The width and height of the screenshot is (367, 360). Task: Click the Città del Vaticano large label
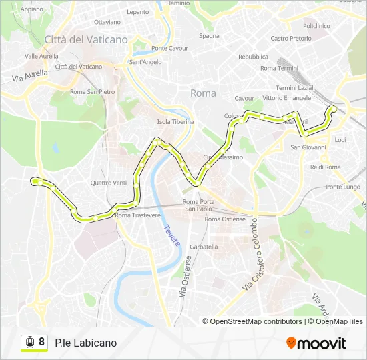click(86, 40)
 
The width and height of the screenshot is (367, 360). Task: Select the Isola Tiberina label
click(175, 122)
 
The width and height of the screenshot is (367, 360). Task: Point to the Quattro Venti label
click(109, 183)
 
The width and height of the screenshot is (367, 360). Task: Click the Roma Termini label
click(279, 69)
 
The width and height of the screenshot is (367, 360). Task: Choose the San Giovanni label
click(308, 147)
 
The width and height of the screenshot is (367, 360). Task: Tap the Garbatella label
click(204, 247)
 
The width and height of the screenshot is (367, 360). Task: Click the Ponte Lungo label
click(343, 187)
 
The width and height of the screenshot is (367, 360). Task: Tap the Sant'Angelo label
click(145, 63)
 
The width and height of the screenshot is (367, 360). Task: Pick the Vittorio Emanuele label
click(284, 98)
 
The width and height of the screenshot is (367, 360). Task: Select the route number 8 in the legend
click(42, 342)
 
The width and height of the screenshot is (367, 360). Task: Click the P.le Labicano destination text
click(86, 343)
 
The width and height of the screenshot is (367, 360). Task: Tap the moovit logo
click(316, 343)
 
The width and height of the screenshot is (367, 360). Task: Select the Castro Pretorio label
click(291, 39)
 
